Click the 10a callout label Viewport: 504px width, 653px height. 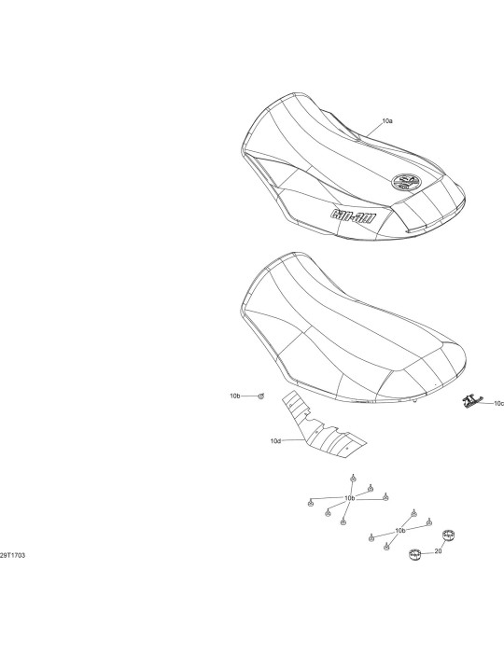point(387,121)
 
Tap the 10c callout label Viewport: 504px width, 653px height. point(498,404)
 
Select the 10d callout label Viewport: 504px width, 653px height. point(275,440)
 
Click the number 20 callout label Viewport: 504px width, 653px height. point(438,551)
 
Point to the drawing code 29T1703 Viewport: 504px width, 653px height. point(12,555)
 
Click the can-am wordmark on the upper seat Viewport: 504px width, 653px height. point(353,215)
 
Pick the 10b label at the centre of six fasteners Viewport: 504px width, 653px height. point(349,498)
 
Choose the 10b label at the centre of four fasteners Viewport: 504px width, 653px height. point(399,531)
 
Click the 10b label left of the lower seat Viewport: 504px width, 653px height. point(235,396)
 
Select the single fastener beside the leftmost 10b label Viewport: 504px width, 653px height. point(261,396)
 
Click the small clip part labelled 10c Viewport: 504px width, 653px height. point(470,401)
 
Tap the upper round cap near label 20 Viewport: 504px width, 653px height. point(448,535)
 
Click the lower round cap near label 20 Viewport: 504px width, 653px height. point(414,554)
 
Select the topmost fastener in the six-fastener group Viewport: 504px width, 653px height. point(353,478)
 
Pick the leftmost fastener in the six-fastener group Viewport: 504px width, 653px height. point(310,504)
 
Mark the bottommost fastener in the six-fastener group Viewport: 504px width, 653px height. point(343,521)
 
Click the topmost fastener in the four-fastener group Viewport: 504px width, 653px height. point(413,513)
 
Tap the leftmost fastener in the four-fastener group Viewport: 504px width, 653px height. point(371,538)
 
